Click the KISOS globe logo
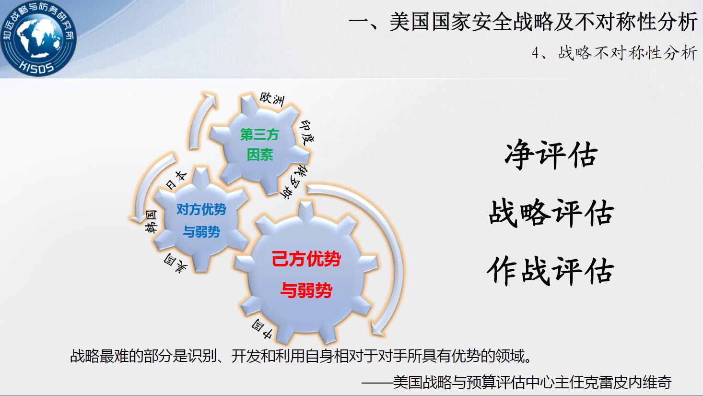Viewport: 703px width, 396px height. tap(38, 38)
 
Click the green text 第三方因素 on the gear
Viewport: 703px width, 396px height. tap(259, 145)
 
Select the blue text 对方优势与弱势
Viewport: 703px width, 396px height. tap(201, 220)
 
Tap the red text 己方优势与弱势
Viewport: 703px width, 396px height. tap(306, 274)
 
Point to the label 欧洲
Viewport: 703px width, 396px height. tap(272, 99)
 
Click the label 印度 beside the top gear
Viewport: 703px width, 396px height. tap(306, 132)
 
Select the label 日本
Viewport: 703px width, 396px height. tap(176, 180)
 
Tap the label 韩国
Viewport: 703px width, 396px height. tap(151, 221)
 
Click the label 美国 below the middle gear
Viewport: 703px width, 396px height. tap(176, 263)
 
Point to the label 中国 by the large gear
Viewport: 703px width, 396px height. tap(262, 330)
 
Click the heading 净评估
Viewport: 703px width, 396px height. tap(551, 155)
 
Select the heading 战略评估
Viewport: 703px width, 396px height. tap(551, 213)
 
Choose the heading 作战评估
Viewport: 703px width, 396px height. tap(551, 271)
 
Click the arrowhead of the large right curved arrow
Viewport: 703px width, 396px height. tap(376, 328)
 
